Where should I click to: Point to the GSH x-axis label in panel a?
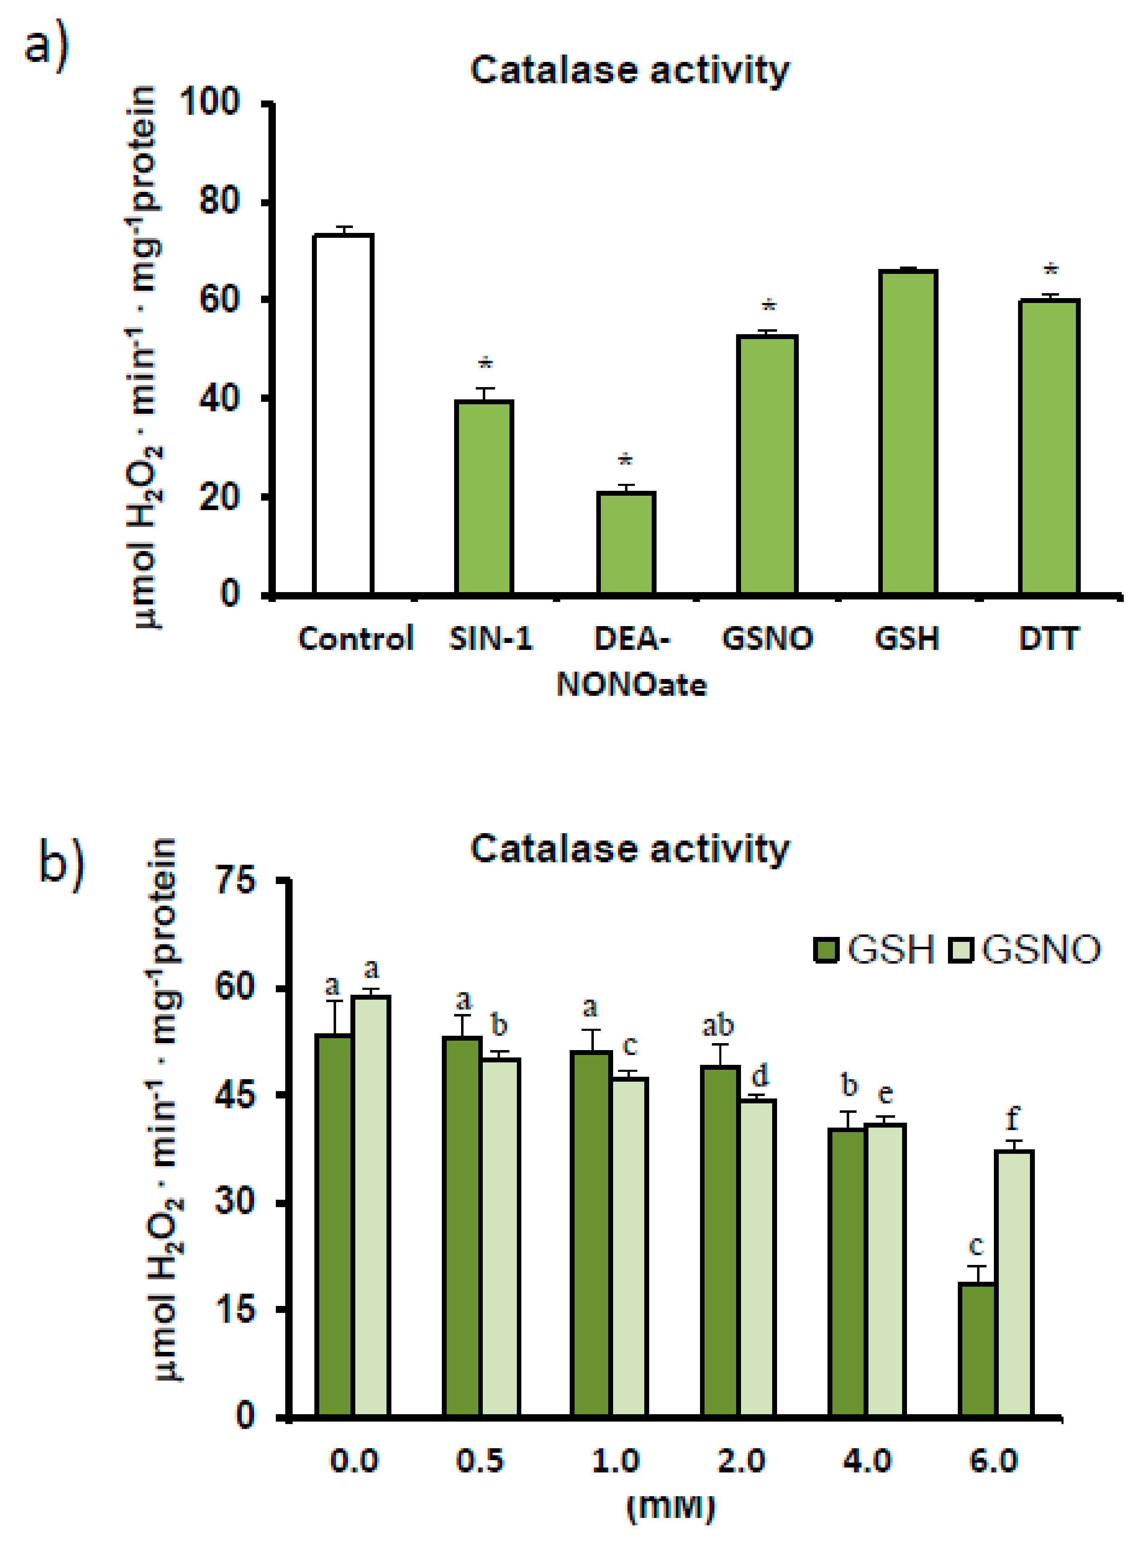907,638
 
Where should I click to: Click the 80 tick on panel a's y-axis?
220,202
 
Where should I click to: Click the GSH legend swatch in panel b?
826,950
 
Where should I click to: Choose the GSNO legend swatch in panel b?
961,950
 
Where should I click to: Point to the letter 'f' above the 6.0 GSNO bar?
1013,1118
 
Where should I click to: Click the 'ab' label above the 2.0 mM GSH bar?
718,1025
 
